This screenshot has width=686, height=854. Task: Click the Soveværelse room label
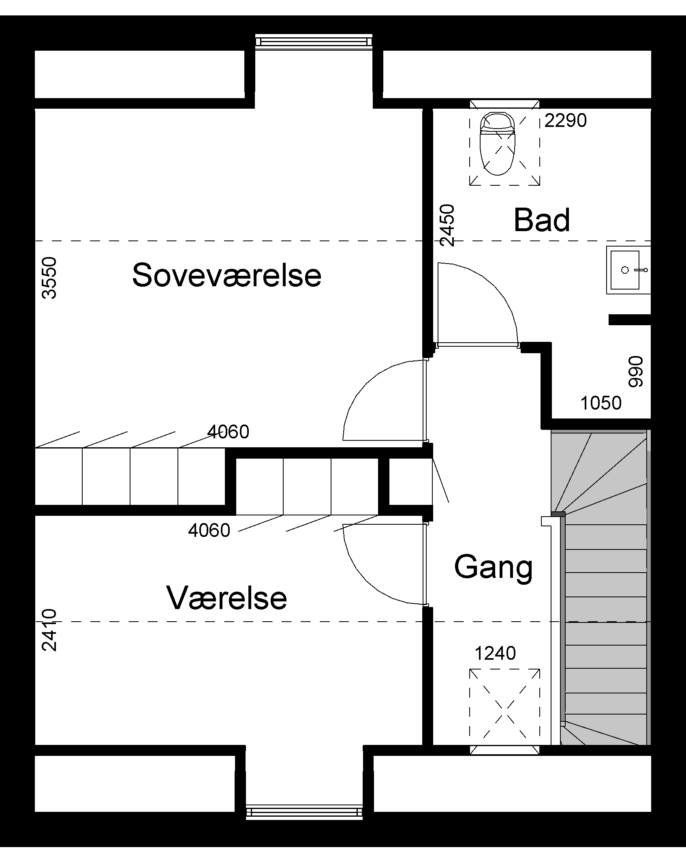pyautogui.click(x=227, y=275)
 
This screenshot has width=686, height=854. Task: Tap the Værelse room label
pyautogui.click(x=227, y=598)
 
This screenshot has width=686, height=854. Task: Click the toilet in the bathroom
pyautogui.click(x=497, y=144)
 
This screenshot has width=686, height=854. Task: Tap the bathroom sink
pyautogui.click(x=628, y=270)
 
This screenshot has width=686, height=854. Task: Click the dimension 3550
pyautogui.click(x=49, y=278)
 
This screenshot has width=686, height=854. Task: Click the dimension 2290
pyautogui.click(x=566, y=120)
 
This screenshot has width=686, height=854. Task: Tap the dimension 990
pyautogui.click(x=635, y=371)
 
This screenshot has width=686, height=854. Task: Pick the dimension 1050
pyautogui.click(x=601, y=403)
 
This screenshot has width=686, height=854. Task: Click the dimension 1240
pyautogui.click(x=495, y=653)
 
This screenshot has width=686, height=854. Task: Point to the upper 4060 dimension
pyautogui.click(x=228, y=432)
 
